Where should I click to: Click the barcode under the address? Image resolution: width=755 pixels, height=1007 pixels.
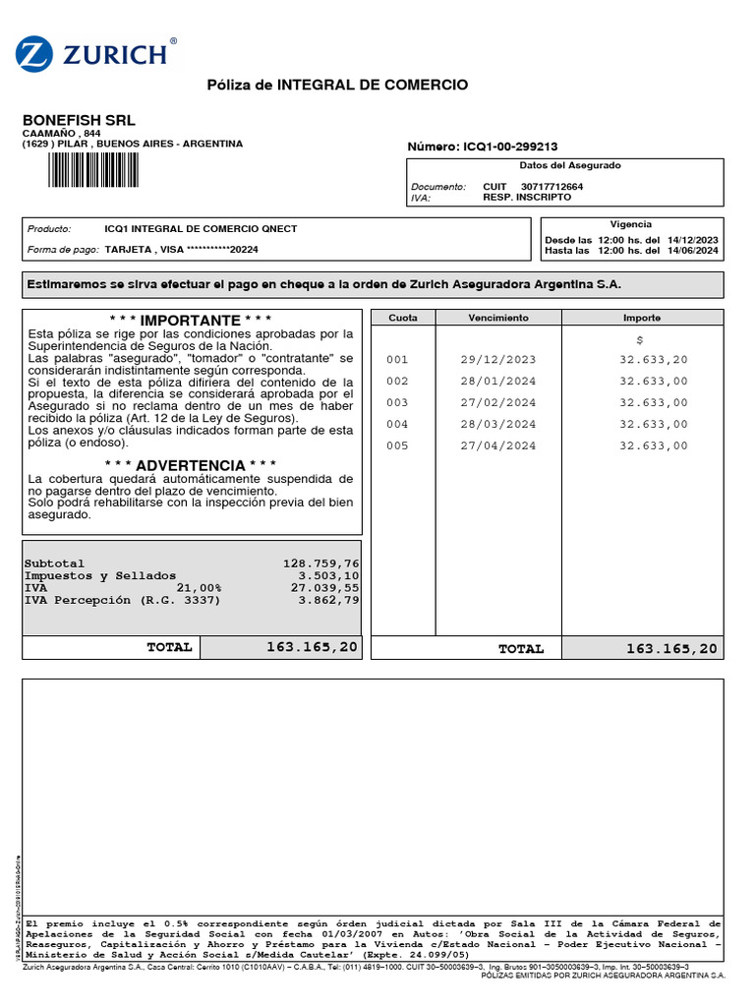92,170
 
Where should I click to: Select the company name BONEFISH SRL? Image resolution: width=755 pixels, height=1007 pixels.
79,120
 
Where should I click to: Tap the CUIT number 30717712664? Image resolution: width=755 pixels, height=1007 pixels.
552,186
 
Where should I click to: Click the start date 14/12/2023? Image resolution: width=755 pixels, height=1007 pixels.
692,240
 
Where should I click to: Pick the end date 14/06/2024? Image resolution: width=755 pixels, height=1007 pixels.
692,251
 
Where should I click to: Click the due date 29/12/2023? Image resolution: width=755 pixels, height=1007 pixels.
498,360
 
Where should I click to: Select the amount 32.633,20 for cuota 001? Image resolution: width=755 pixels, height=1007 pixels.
654,360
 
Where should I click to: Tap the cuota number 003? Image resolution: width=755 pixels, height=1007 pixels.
397,403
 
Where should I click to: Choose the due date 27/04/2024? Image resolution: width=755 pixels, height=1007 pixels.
498,445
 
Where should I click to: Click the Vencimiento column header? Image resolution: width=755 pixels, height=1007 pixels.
498,318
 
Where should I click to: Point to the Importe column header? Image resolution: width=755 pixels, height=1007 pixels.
642,318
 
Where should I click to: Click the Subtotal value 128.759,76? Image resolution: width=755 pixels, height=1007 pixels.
320,563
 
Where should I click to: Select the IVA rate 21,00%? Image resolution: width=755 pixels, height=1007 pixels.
200,587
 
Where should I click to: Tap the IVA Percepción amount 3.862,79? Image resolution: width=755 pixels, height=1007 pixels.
328,600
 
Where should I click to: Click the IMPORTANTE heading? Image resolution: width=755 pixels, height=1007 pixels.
191,321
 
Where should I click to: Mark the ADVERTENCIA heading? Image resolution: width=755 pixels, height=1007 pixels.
191,465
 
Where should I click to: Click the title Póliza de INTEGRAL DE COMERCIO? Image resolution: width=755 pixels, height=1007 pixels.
337,86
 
